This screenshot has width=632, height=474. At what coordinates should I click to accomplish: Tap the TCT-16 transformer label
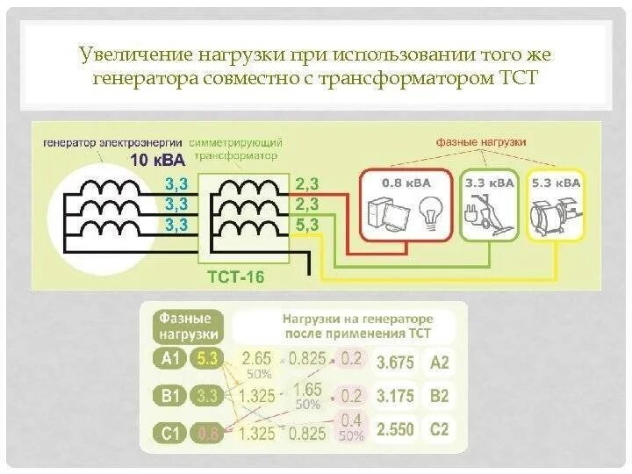(234, 277)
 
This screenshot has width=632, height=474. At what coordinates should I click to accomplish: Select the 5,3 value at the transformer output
(307, 225)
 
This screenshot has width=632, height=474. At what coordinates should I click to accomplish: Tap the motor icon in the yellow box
(553, 213)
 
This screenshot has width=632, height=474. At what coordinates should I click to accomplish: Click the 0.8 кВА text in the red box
(406, 183)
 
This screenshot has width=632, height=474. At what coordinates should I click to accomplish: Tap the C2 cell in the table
(439, 432)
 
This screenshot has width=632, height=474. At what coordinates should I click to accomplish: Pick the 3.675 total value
(395, 362)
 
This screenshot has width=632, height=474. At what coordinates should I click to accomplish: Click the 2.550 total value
(395, 432)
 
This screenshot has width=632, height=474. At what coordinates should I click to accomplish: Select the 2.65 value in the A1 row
(256, 357)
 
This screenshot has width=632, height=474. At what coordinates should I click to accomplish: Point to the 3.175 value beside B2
(395, 397)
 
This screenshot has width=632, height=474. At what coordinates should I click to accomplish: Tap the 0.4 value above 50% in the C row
(351, 420)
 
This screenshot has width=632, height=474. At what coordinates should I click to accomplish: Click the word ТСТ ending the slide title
(518, 77)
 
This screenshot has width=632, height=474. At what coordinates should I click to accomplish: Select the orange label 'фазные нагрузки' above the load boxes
(480, 141)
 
